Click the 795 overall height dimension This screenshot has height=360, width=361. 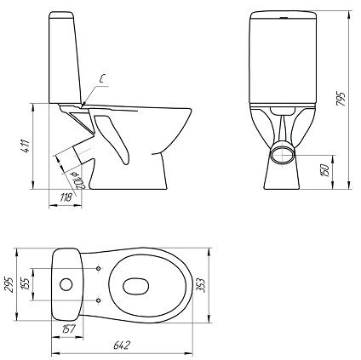[341, 99]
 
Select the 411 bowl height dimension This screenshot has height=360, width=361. [26, 146]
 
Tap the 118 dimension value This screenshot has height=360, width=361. [66, 197]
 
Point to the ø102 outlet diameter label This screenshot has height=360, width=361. [78, 180]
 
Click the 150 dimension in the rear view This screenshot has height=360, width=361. [325, 170]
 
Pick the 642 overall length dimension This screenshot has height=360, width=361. [122, 345]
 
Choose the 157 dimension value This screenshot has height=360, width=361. [68, 329]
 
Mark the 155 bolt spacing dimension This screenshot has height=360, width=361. [26, 283]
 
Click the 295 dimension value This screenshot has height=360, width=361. [9, 283]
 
